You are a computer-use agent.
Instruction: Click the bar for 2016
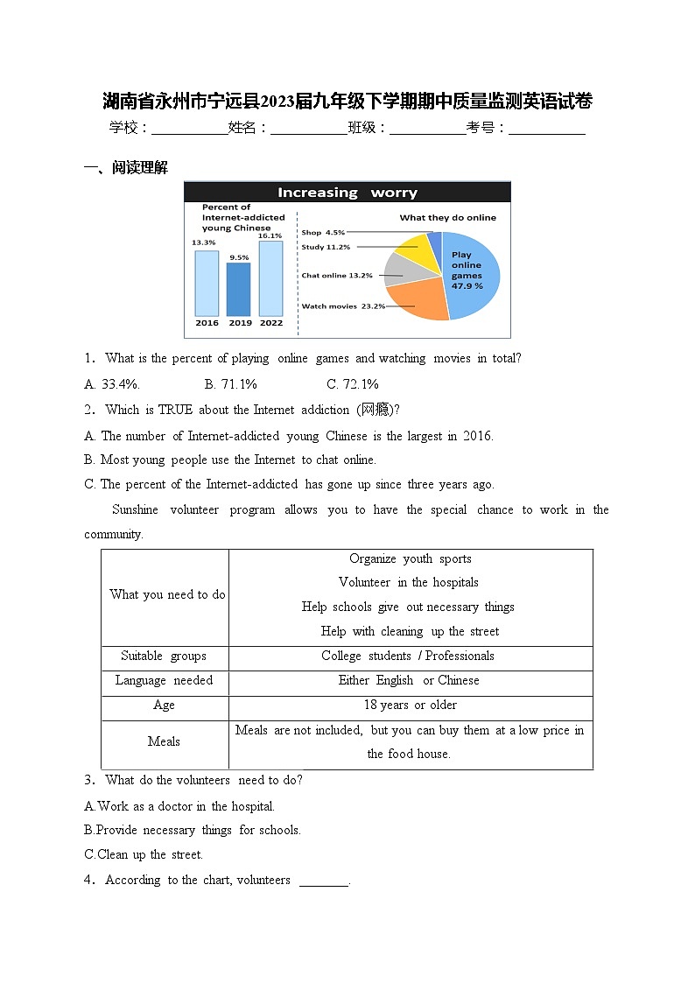pos(207,283)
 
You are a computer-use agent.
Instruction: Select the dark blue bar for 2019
pos(238,289)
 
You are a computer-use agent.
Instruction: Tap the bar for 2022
pos(270,277)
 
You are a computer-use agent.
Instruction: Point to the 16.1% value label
pos(270,235)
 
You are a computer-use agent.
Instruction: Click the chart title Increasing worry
pos(347,193)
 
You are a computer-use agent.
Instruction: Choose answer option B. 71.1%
pos(230,384)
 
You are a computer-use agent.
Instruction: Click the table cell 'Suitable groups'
pos(164,657)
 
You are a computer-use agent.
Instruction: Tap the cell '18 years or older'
pos(410,706)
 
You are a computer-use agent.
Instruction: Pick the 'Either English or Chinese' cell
pos(410,681)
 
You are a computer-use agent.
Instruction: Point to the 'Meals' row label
pos(164,741)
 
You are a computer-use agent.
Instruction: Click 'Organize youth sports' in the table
pos(410,559)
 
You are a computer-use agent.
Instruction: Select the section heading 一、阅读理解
pos(125,168)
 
